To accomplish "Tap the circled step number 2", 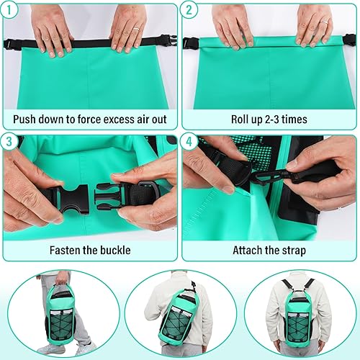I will click(189, 11).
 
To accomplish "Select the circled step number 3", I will click(10, 143).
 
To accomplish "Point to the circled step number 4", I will click(189, 143).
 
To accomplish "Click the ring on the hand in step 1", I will click(134, 30).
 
